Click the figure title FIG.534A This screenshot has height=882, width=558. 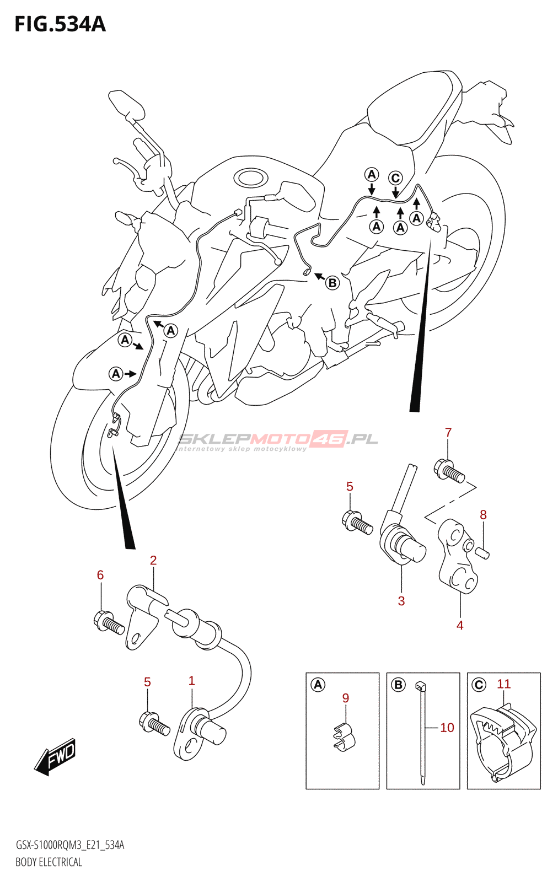pos(60,25)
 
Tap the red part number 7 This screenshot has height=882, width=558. pos(448,433)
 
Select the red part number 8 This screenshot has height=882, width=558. pos(483,515)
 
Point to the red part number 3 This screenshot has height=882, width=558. pos(401,601)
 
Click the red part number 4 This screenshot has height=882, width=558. pos(460,625)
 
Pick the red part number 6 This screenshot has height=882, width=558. pos(100,575)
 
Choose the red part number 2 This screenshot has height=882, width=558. pos(153,560)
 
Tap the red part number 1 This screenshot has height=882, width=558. pos(191,681)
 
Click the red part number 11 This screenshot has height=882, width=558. pos(504,684)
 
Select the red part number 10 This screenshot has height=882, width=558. pos(447,728)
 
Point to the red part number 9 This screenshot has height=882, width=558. pos(346,698)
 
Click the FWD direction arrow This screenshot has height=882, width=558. pos(55,755)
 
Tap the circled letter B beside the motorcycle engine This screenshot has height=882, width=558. pos(332,283)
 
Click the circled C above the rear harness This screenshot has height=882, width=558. pos(395,178)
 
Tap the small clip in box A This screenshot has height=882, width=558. pos(344,736)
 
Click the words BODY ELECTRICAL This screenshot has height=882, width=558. pos(49,862)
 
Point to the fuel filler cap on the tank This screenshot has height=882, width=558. pos(251,178)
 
